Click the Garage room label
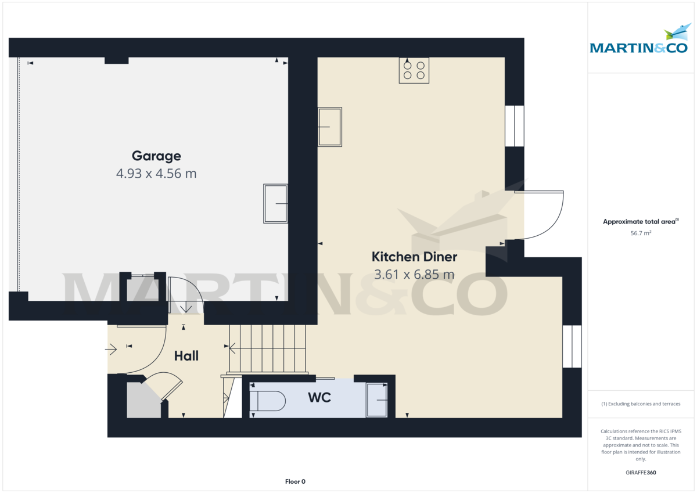[x=156, y=156]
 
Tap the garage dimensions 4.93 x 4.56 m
[x=156, y=173]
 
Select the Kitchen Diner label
[x=414, y=257]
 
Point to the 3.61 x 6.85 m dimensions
[x=414, y=274]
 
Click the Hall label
[x=186, y=356]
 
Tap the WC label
[x=319, y=398]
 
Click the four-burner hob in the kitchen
[x=414, y=70]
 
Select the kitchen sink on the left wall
[x=330, y=127]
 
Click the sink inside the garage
[x=276, y=204]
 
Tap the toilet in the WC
[x=267, y=401]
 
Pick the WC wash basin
[x=376, y=400]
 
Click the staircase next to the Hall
[x=267, y=348]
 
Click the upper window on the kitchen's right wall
[x=515, y=126]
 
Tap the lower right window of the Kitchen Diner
[x=572, y=346]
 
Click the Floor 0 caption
[x=295, y=481]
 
